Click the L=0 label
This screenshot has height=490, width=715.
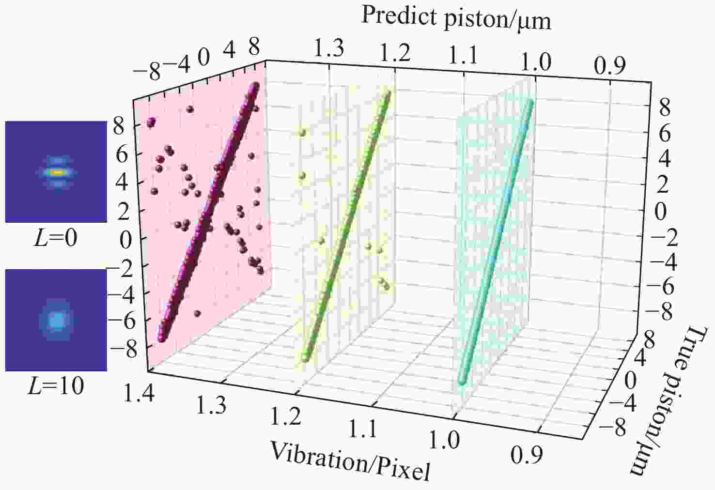[55, 238]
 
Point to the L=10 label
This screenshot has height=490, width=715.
[56, 385]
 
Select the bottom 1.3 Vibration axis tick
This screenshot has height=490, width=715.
[212, 405]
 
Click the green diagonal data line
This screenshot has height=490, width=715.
[346, 225]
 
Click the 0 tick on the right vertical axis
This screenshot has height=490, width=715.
[660, 212]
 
